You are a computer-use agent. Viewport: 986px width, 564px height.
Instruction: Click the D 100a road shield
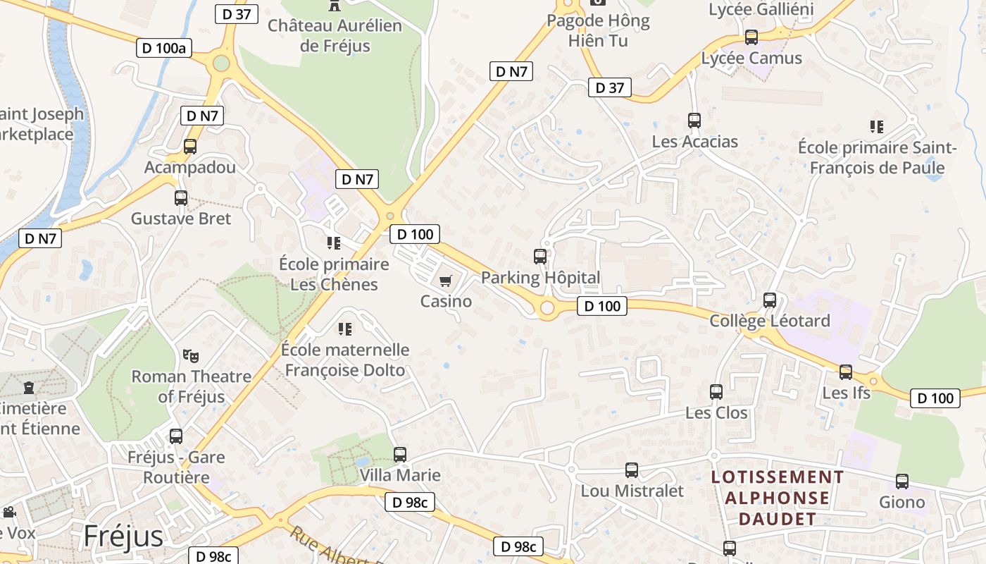click(164, 48)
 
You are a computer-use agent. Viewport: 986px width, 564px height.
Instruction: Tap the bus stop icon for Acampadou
click(189, 146)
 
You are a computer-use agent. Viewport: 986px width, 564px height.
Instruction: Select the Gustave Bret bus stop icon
click(181, 198)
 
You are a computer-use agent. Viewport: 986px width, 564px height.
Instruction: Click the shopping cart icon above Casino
click(445, 281)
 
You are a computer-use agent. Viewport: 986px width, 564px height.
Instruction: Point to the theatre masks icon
click(191, 355)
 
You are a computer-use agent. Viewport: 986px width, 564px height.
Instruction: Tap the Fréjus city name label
click(123, 536)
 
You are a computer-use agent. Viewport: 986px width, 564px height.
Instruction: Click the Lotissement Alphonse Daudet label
click(778, 498)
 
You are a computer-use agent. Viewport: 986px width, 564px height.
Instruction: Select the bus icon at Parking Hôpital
click(540, 257)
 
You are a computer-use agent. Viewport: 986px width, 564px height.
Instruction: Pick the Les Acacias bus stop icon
click(694, 121)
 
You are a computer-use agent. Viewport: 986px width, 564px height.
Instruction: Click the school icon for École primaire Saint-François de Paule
click(877, 127)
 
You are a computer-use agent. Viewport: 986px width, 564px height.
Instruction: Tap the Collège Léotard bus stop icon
click(770, 300)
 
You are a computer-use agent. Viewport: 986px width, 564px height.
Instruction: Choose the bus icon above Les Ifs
click(846, 372)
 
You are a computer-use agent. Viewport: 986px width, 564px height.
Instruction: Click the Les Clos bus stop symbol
click(716, 392)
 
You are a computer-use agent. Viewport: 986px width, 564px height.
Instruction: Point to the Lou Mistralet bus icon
click(632, 470)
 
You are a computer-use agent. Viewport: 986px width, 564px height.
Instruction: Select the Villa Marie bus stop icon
click(400, 455)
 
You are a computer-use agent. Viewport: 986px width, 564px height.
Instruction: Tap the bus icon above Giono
click(902, 482)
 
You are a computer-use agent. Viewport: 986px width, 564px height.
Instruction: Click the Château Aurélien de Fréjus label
click(335, 36)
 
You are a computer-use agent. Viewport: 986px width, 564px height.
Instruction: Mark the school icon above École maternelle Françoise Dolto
click(345, 329)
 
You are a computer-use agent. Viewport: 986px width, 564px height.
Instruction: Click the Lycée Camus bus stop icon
click(751, 37)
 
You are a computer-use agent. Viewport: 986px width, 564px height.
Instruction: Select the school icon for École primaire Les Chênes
click(334, 243)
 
